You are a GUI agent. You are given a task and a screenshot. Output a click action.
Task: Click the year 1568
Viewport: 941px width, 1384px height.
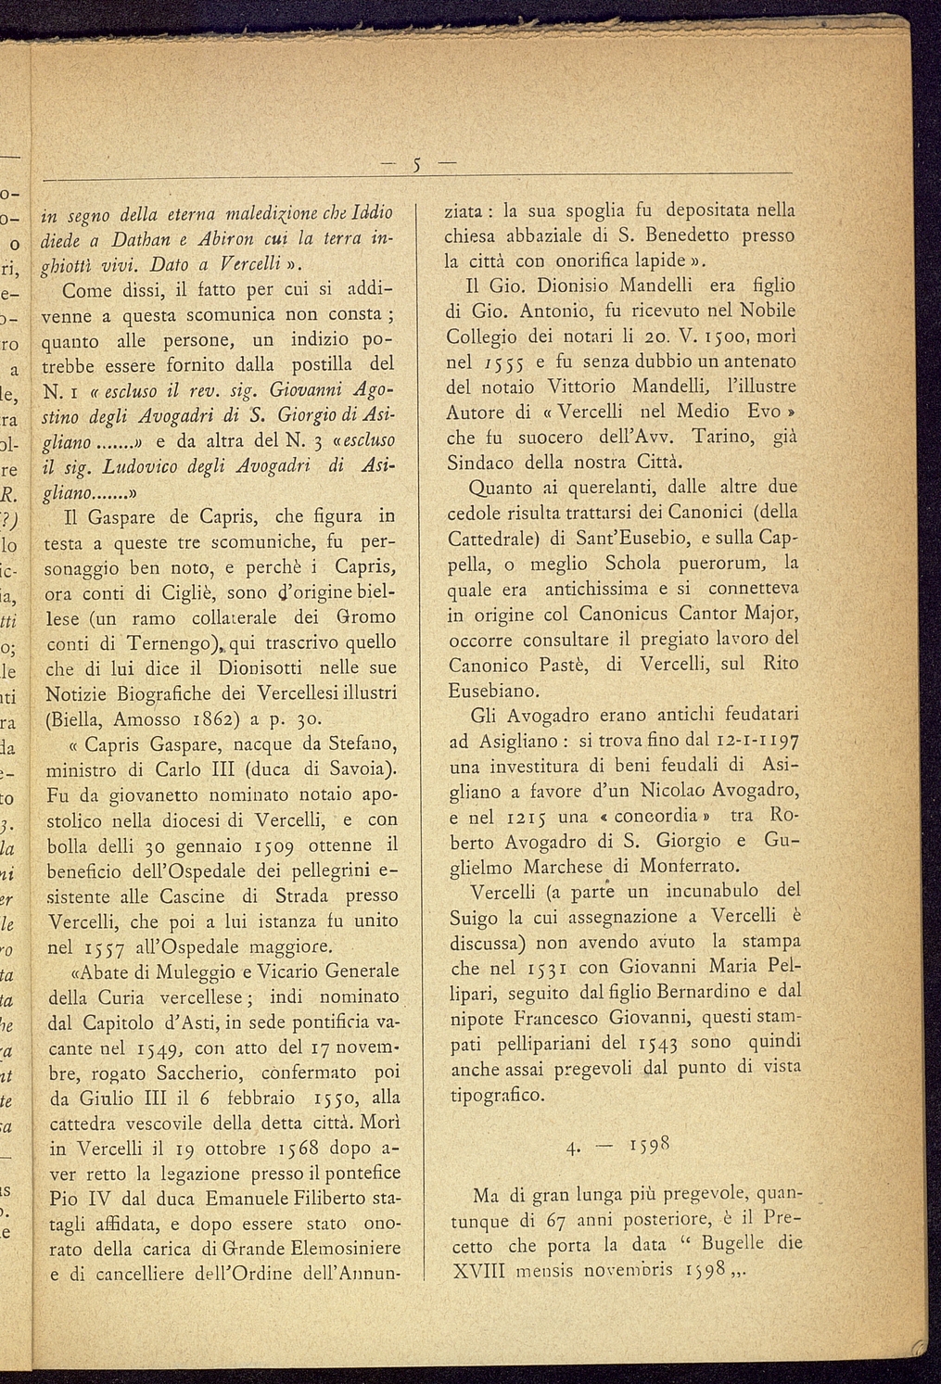pyautogui.click(x=297, y=1150)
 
